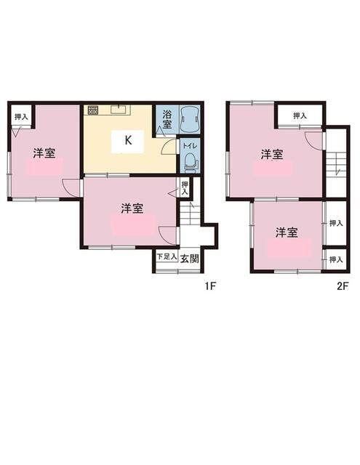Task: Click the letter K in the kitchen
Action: click(128, 141)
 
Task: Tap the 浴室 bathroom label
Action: click(167, 119)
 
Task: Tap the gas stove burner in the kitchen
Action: click(93, 110)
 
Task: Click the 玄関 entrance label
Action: click(190, 258)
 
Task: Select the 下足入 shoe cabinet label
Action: click(167, 257)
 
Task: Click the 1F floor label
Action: click(209, 286)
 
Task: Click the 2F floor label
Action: click(343, 286)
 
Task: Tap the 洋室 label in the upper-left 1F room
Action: click(45, 153)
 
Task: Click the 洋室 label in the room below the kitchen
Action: click(132, 208)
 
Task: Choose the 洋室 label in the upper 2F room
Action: click(273, 154)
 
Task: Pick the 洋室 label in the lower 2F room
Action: click(286, 232)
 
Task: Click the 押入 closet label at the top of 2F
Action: click(300, 116)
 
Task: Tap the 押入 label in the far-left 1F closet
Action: click(21, 116)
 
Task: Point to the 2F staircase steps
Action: click(336, 163)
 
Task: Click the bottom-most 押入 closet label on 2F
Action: click(335, 259)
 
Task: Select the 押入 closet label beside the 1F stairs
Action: click(185, 188)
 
